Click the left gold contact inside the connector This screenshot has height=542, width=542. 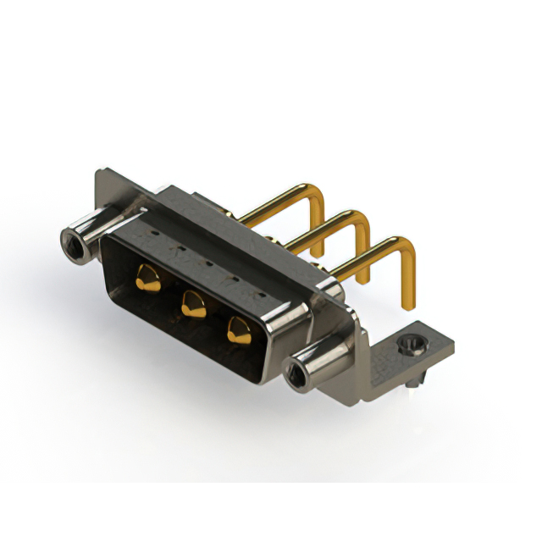coord(147,277)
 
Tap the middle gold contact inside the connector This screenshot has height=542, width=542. coord(192,301)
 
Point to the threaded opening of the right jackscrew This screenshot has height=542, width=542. coord(297,373)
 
